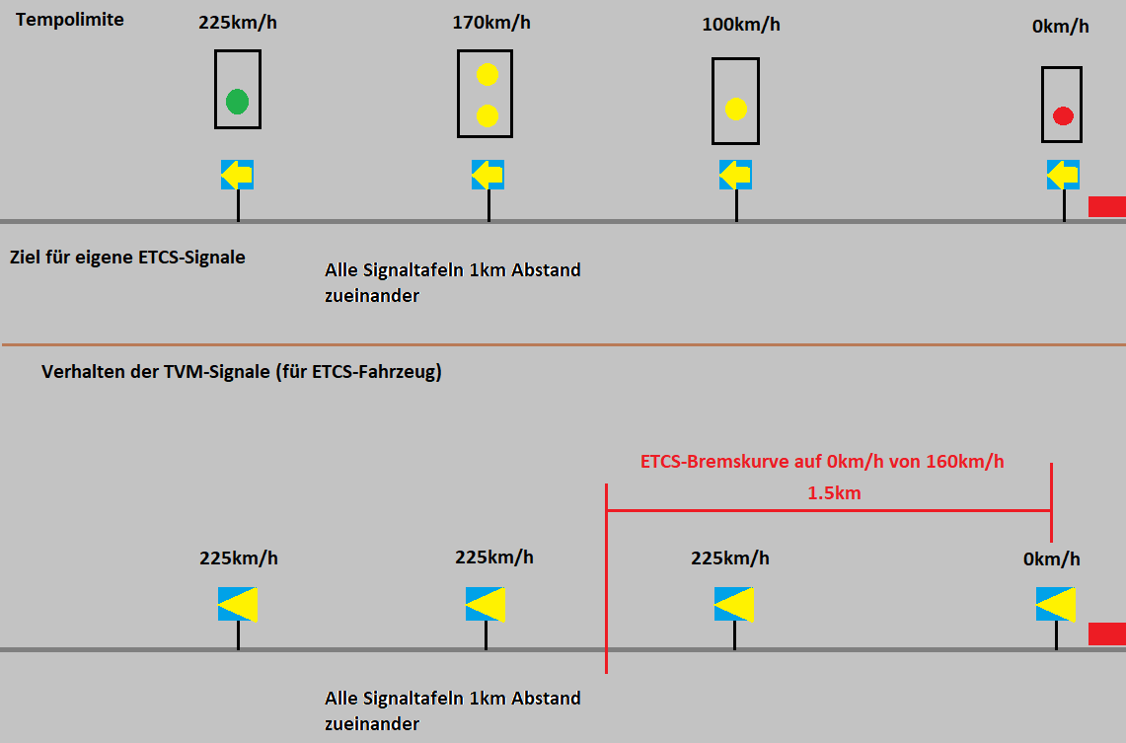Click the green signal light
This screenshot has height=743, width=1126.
(237, 101)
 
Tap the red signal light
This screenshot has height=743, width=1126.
(1063, 116)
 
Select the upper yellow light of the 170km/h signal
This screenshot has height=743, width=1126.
(487, 75)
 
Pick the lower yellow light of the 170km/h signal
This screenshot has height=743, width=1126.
(487, 115)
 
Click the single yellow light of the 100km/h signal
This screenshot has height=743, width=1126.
(735, 109)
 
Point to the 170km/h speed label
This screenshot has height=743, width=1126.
(491, 22)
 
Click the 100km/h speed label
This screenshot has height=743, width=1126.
(741, 24)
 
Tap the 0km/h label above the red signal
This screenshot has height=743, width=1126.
(1060, 26)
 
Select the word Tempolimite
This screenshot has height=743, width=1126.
(70, 19)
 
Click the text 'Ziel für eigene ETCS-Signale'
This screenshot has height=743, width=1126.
(127, 257)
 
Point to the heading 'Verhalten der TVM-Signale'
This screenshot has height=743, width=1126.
(241, 372)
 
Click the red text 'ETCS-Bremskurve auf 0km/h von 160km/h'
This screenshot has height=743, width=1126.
(822, 461)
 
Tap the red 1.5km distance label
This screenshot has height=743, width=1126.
(834, 492)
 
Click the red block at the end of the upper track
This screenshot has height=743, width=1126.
(1106, 206)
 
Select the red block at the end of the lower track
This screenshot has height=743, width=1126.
(1106, 633)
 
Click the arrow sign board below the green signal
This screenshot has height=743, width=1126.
(237, 175)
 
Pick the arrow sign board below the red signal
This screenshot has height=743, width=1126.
(1063, 175)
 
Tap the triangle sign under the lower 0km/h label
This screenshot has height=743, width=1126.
(1056, 604)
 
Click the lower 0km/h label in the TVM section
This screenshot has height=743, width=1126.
(1051, 559)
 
